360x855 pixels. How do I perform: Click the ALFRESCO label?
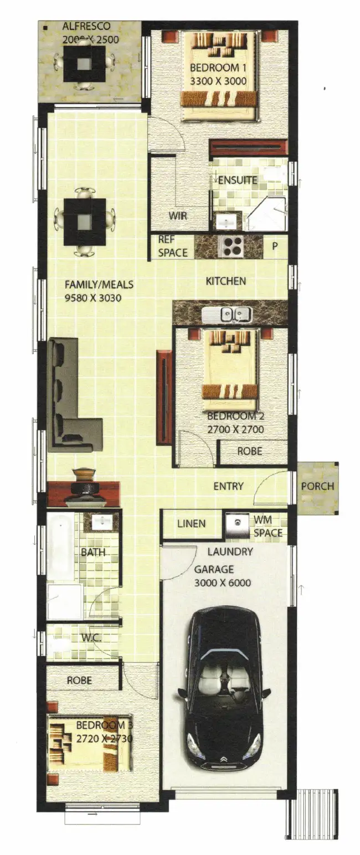tap(86, 27)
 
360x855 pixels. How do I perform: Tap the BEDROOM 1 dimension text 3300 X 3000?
tap(218, 81)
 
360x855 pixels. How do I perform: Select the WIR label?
tap(178, 216)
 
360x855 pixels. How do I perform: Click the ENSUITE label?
tap(238, 180)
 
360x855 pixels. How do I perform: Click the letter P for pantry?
tap(275, 246)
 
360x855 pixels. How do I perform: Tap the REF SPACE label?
tap(173, 246)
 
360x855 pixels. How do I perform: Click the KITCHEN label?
tap(226, 281)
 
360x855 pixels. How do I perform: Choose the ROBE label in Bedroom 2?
tap(250, 451)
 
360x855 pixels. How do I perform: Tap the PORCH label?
tap(317, 486)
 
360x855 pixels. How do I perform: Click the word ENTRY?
tap(228, 486)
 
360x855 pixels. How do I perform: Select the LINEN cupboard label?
tap(191, 523)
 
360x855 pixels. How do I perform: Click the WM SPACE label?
tap(268, 527)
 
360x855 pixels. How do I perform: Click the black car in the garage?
tap(224, 693)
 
